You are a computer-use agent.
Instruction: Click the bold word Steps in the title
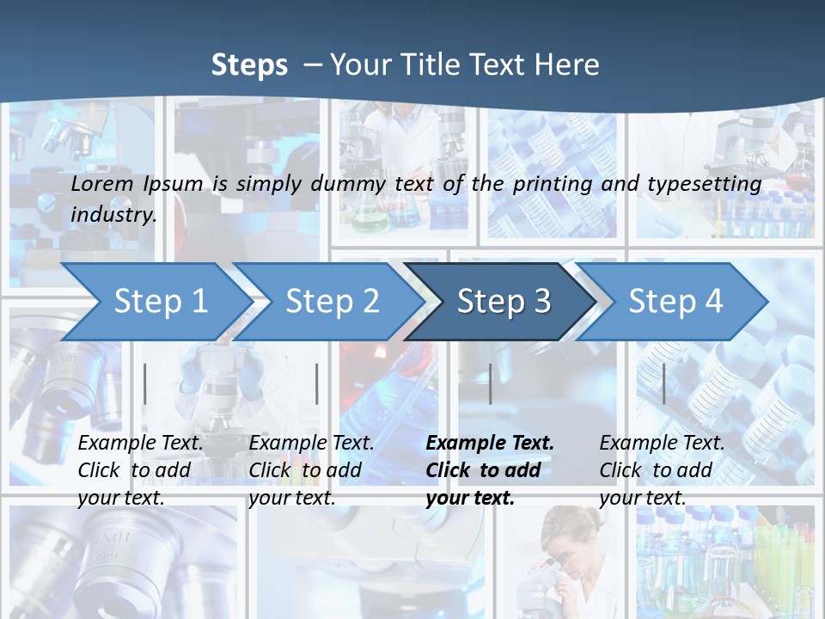249,65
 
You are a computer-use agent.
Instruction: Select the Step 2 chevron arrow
332,301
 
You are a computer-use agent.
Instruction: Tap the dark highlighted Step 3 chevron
504,301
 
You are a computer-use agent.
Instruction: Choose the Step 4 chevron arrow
675,301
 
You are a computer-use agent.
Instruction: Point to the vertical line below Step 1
145,383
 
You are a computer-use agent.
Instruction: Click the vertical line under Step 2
317,383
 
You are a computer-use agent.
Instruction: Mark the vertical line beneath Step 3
490,383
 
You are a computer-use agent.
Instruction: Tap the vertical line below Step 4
663,383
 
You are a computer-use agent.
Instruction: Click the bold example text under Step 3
489,470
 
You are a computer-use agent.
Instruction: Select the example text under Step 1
140,470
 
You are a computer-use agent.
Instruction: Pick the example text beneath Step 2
311,470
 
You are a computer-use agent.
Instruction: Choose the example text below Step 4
662,470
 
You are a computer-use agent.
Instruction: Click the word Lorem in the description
102,183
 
